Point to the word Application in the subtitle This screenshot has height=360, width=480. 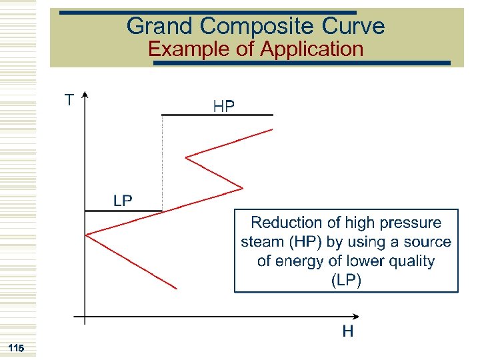pos(312,49)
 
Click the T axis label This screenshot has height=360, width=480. pos(69,100)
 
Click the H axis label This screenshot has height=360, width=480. pos(347,331)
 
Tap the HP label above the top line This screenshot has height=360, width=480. pos(223,106)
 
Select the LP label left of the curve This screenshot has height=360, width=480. pos(123,201)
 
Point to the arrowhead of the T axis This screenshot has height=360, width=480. pos(85,95)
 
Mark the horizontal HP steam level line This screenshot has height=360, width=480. pos(217,115)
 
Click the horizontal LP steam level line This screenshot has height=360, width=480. pos(123,212)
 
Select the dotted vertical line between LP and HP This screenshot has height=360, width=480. pos(162,163)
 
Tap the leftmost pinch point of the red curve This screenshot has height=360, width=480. pos(87,234)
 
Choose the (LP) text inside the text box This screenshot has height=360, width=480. pos(346,280)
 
